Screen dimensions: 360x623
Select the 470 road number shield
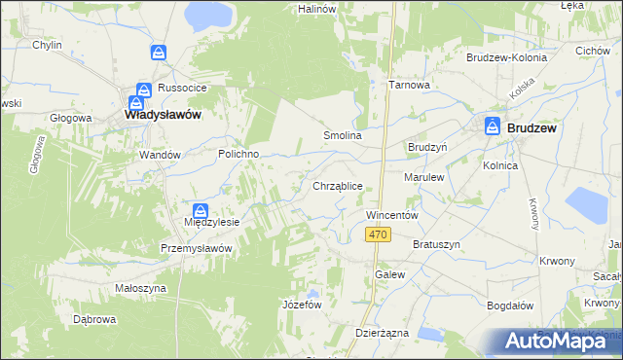[x=379, y=234]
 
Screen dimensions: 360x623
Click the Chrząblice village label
[x=338, y=185]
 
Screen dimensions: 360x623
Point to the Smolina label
[x=343, y=136]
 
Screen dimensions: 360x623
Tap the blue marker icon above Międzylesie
[x=200, y=210]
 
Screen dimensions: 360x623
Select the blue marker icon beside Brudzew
[x=494, y=126]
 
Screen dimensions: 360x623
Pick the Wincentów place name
[x=391, y=214]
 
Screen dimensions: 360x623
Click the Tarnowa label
[x=409, y=85]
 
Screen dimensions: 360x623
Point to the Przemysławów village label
[x=198, y=248]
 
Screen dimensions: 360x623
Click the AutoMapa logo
[x=552, y=341]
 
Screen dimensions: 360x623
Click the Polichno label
[x=237, y=154]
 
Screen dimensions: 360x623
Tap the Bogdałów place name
[x=510, y=306]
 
